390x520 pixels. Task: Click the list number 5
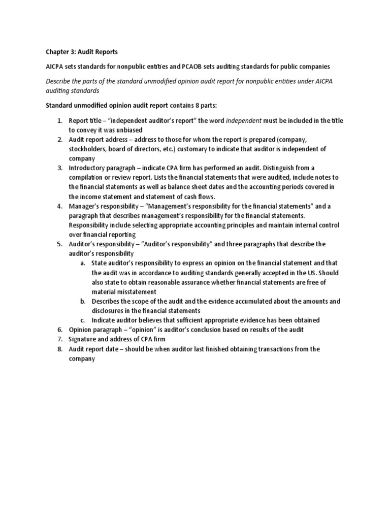click(59, 244)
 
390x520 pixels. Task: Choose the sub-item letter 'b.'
click(83, 301)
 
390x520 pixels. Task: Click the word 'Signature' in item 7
click(83, 339)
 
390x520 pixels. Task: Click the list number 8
click(59, 349)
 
